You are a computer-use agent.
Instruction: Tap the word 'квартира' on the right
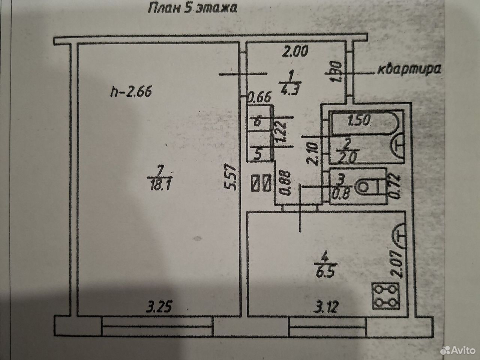click(409, 70)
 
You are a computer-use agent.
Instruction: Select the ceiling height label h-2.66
click(131, 92)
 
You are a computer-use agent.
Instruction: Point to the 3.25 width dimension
click(159, 306)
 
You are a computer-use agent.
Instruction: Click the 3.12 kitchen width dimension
click(326, 306)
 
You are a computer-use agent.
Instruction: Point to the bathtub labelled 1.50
click(364, 123)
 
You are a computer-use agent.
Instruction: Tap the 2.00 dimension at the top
click(295, 51)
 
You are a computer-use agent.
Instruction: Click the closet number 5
click(258, 154)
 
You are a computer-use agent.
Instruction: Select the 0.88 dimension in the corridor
click(285, 183)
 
